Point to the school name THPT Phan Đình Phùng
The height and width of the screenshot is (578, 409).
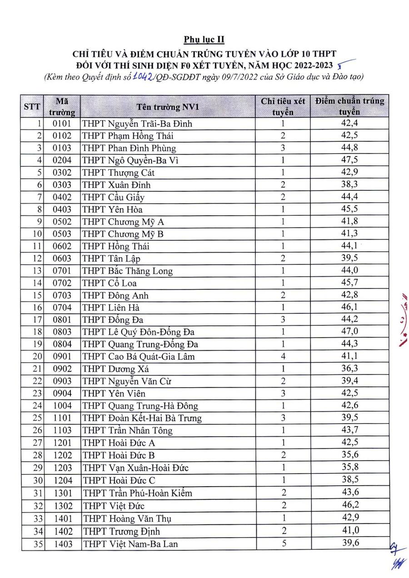pos(129,148)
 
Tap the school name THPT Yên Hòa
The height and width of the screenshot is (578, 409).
pos(112,209)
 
